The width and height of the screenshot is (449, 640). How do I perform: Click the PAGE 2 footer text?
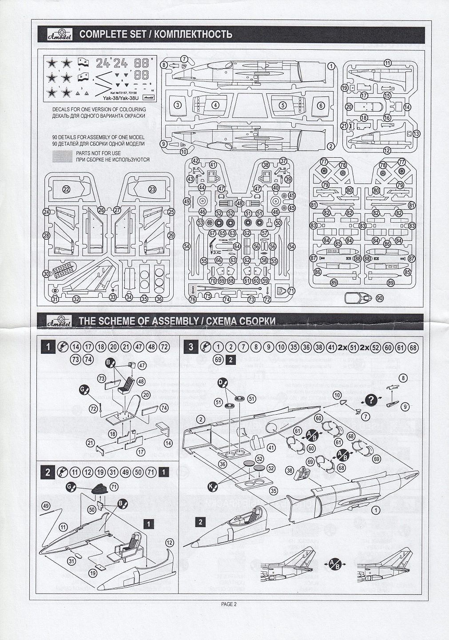click(x=229, y=604)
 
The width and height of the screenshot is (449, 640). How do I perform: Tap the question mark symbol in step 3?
click(x=373, y=399)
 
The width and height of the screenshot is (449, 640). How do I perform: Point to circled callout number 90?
click(x=379, y=298)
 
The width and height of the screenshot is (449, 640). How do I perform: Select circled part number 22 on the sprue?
click(x=67, y=189)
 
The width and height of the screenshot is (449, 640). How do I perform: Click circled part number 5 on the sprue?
click(x=282, y=105)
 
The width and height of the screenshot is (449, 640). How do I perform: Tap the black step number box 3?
click(x=191, y=347)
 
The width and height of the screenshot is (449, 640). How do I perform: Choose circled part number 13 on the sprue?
click(x=416, y=133)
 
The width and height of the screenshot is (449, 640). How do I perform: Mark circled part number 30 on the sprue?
click(x=46, y=274)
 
